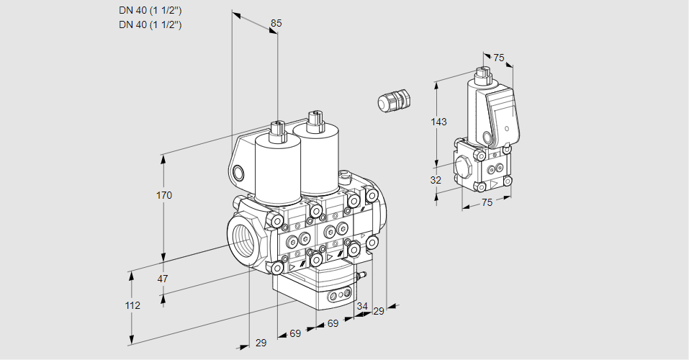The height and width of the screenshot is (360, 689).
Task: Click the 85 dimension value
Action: pos(276,23)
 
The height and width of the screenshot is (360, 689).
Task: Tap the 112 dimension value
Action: pos(132,305)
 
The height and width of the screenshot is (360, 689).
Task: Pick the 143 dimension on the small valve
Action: pos(438,122)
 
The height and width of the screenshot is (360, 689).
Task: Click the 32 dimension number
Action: pos(436,180)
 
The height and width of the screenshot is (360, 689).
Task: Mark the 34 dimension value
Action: pos(361,306)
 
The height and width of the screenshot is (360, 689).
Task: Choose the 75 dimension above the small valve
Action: pos(499,58)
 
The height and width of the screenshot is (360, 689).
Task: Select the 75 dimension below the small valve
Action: pos(487,202)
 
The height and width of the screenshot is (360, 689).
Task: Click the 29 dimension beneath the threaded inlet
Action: pos(261,343)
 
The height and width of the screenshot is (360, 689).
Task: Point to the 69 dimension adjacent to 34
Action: pos(333,324)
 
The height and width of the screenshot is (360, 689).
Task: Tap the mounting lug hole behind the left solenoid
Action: pos(238,173)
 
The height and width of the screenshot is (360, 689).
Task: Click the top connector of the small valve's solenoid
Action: pos(482,73)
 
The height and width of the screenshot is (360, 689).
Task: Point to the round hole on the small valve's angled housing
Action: pos(487,138)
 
